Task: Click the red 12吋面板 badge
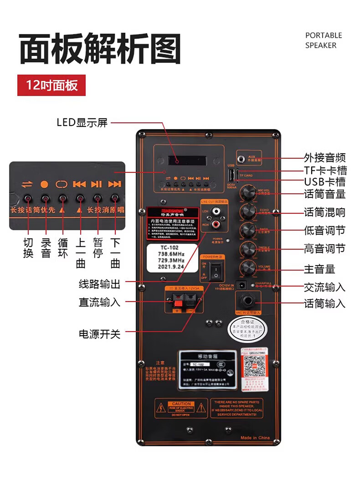[51, 85]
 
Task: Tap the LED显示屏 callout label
[82, 122]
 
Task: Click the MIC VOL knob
[249, 192]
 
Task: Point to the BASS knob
[249, 229]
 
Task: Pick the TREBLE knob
[249, 249]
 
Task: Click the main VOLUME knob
[249, 268]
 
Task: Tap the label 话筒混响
[324, 212]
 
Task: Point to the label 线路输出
[99, 285]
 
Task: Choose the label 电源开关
[99, 334]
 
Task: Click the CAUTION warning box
[181, 408]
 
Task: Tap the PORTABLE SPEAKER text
[324, 40]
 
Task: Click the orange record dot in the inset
[44, 184]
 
